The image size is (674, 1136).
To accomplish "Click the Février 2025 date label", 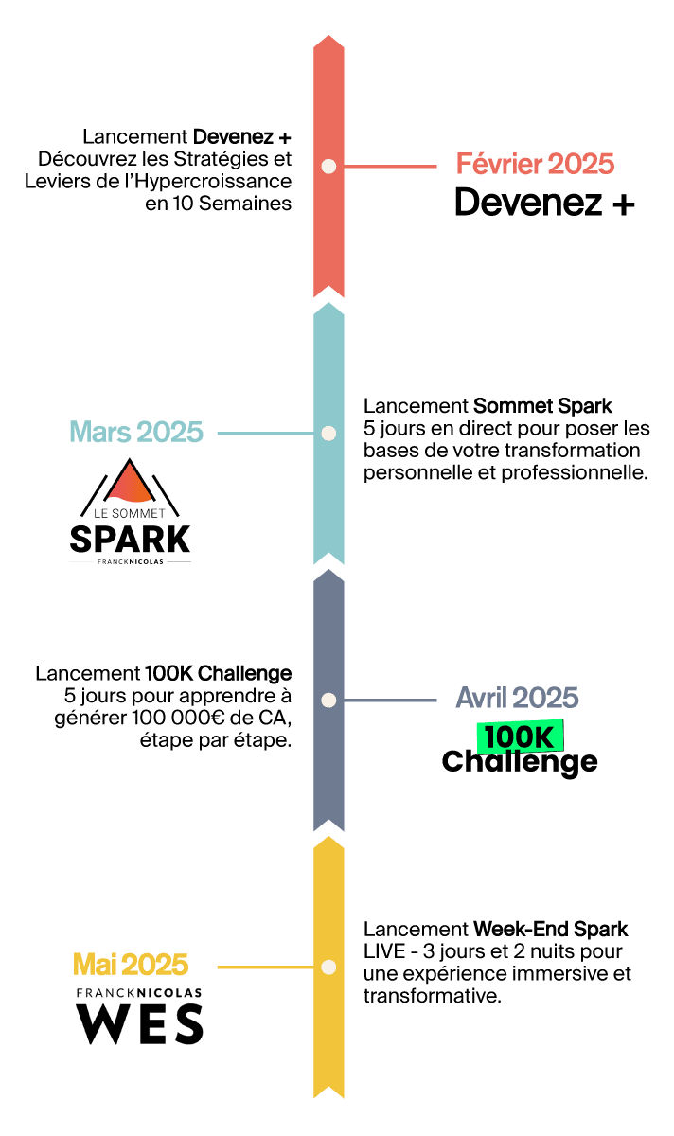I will pyautogui.click(x=535, y=164).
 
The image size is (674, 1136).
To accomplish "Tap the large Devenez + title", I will pyautogui.click(x=544, y=203).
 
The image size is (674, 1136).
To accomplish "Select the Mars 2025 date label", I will pyautogui.click(x=136, y=433).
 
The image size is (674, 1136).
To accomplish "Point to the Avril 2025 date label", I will pyautogui.click(x=517, y=699).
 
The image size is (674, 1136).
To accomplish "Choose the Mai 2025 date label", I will pyautogui.click(x=131, y=965).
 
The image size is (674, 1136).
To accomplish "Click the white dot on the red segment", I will pyautogui.click(x=328, y=167).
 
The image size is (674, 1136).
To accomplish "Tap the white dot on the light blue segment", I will pyautogui.click(x=328, y=434).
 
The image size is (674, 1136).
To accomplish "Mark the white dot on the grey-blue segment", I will pyautogui.click(x=328, y=701).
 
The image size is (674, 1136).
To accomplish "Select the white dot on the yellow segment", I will pyautogui.click(x=328, y=967).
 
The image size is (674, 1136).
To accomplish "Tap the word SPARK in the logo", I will pyautogui.click(x=130, y=540).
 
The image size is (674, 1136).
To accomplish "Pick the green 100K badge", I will pyautogui.click(x=519, y=736).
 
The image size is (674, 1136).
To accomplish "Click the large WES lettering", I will pyautogui.click(x=139, y=1025).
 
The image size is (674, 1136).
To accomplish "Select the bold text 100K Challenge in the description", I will pyautogui.click(x=218, y=674).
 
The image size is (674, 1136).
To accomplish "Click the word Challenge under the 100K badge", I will pyautogui.click(x=520, y=761).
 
